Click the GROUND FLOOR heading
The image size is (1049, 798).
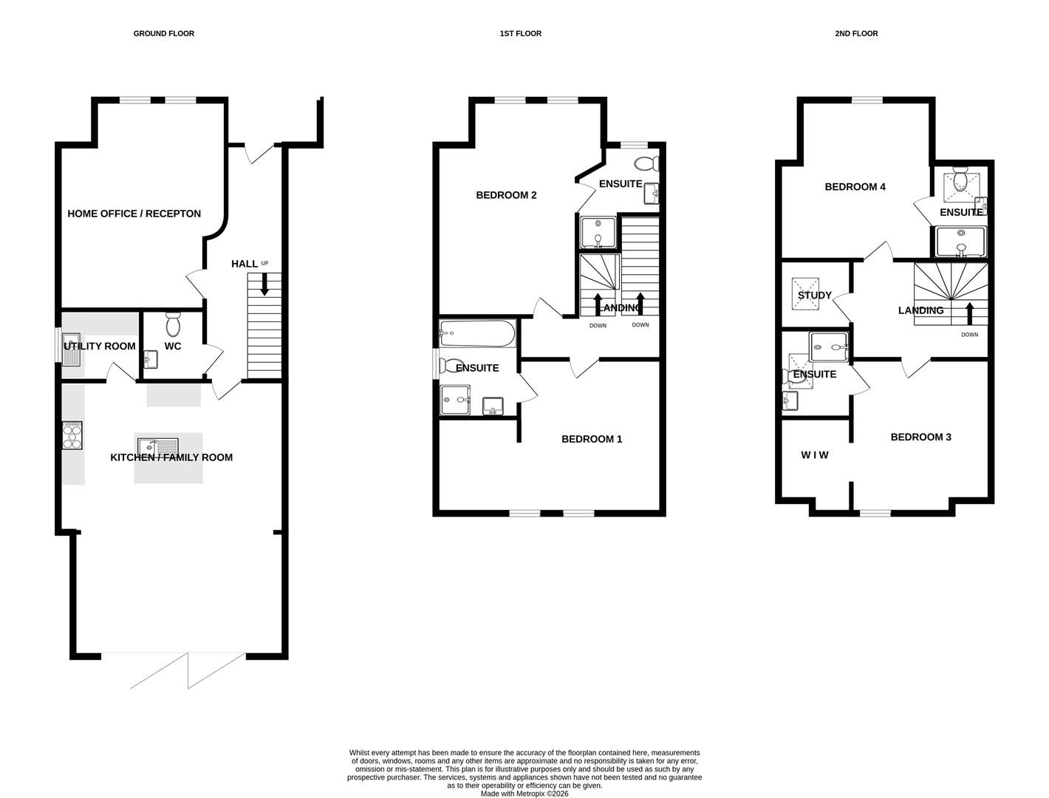pyautogui.click(x=163, y=33)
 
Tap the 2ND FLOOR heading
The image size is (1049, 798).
pyautogui.click(x=856, y=33)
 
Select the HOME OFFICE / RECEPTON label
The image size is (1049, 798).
pyautogui.click(x=134, y=214)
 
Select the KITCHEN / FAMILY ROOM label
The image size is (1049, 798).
pyautogui.click(x=171, y=457)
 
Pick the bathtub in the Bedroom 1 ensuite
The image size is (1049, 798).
pyautogui.click(x=477, y=333)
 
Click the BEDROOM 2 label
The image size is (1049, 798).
pyautogui.click(x=506, y=195)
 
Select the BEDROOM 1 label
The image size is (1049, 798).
pyautogui.click(x=592, y=439)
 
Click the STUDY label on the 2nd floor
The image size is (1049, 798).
pyautogui.click(x=814, y=296)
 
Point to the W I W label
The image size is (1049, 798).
pyautogui.click(x=814, y=455)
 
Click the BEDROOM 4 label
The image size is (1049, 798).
pyautogui.click(x=855, y=187)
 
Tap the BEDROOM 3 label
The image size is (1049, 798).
pyautogui.click(x=920, y=437)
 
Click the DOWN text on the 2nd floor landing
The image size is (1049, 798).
pyautogui.click(x=969, y=335)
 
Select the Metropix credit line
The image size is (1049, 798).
pyautogui.click(x=524, y=794)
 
